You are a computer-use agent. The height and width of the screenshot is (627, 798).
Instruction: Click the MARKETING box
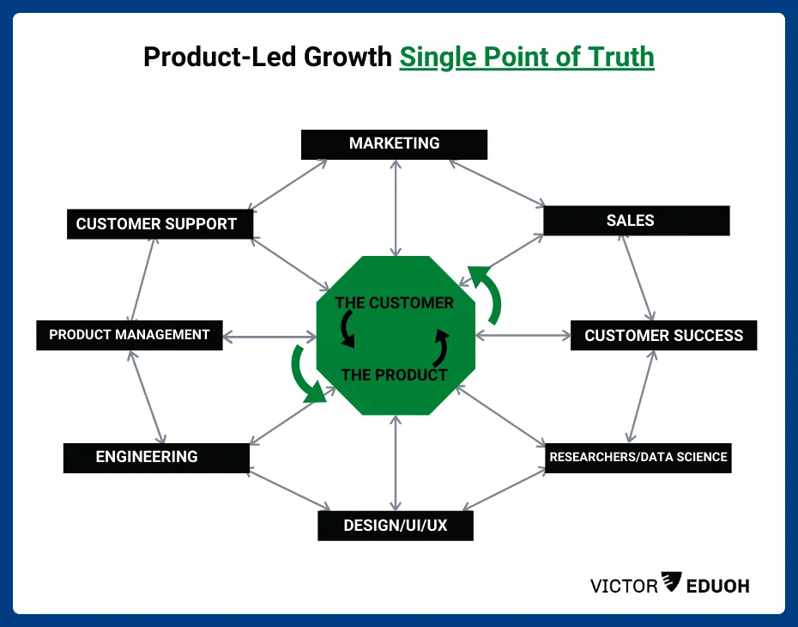(394, 144)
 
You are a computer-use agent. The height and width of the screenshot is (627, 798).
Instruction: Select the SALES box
(636, 221)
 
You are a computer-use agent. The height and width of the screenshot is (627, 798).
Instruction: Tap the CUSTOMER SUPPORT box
(161, 224)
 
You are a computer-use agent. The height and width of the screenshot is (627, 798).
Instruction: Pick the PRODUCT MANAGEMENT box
(129, 335)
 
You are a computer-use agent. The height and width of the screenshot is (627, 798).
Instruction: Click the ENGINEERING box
(155, 457)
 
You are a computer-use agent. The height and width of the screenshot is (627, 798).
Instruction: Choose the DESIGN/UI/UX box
(395, 525)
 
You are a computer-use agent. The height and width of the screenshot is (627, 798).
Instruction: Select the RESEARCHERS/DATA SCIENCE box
(638, 457)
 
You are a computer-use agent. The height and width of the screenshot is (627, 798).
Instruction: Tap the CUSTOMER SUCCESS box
(663, 335)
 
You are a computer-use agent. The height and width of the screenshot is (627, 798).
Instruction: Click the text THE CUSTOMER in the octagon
(394, 303)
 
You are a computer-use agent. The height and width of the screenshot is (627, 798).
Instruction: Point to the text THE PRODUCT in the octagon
(394, 374)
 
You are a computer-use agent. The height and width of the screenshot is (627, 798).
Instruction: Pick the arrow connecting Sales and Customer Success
(638, 277)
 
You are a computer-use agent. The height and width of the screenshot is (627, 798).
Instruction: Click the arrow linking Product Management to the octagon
(269, 335)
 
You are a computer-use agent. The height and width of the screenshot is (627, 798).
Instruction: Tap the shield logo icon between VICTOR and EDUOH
(672, 584)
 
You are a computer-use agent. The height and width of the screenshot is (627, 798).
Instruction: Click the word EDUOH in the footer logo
(719, 586)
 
